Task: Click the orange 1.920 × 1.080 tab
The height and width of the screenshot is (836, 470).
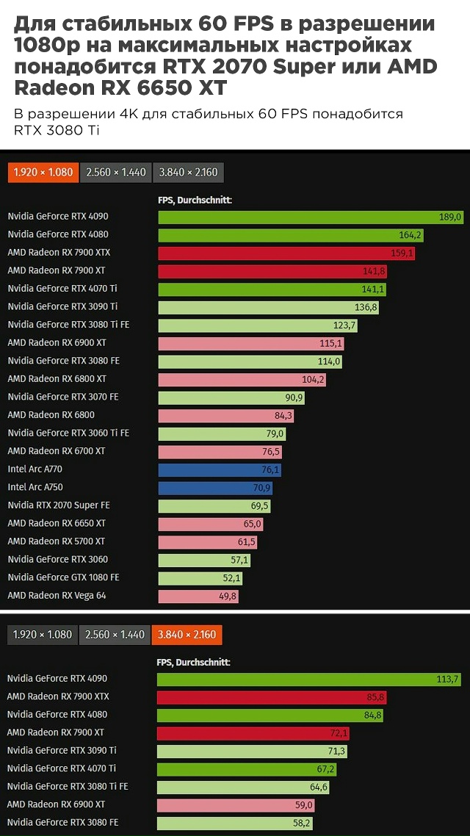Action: pos(42,173)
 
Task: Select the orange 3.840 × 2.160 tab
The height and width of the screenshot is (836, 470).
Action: pos(187,634)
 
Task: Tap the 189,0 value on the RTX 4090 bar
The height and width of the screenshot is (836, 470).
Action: pos(449,217)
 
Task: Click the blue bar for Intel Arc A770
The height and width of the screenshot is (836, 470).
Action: pos(220,469)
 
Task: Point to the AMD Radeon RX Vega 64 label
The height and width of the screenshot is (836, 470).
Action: pos(57,596)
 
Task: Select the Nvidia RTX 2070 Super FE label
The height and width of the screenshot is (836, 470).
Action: pos(59,505)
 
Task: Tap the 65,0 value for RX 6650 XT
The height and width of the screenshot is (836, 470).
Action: pos(252,524)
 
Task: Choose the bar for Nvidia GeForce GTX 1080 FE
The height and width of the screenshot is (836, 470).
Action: pos(200,578)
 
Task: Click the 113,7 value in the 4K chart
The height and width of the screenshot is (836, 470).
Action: pos(446,679)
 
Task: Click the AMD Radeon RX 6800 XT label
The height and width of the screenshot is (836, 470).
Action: pos(57,379)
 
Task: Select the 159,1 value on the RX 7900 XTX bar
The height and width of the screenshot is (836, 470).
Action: pos(402,253)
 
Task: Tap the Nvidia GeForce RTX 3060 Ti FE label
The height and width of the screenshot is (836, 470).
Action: pos(68,433)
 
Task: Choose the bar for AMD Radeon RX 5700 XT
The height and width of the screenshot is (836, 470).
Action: pos(209,542)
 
